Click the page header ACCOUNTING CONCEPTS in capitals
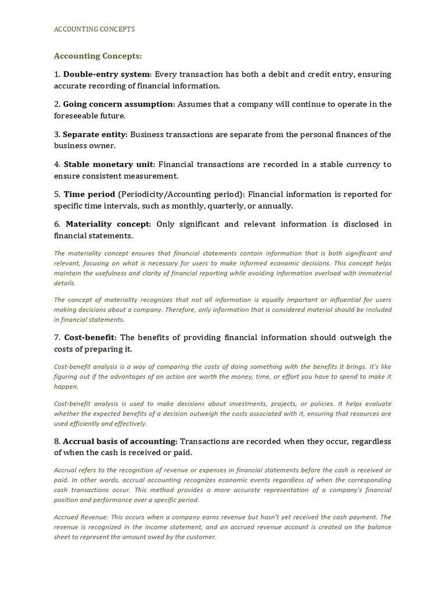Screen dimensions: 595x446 tap(94, 29)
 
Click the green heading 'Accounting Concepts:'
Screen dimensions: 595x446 tap(98, 56)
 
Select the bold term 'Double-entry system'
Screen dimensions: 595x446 tap(107, 74)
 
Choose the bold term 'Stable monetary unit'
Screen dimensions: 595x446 tap(109, 164)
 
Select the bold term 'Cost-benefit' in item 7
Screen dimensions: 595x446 tap(90, 338)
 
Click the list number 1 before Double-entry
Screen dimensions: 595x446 tap(57, 74)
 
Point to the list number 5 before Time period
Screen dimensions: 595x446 tap(57, 194)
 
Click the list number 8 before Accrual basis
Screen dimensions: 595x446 tap(57, 441)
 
